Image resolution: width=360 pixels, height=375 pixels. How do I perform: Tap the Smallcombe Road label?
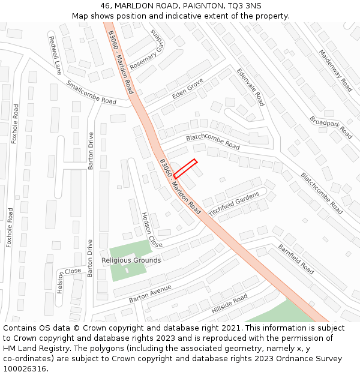[91, 92]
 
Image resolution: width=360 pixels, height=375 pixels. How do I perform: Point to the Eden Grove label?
[188, 88]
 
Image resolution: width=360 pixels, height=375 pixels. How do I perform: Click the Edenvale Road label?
[250, 86]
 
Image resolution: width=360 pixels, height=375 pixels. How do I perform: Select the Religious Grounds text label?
[131, 260]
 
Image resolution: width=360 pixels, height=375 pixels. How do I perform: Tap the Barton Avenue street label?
[150, 293]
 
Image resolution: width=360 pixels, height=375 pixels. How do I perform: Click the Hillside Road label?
[229, 304]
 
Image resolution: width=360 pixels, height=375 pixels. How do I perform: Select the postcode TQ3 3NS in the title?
[245, 6]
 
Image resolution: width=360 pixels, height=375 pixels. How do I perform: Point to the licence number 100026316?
[25, 368]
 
